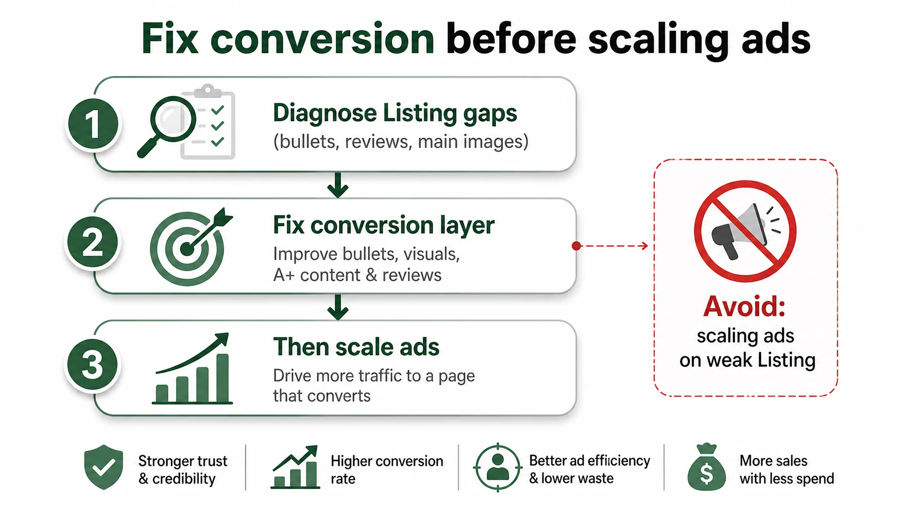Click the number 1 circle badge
[x=93, y=124]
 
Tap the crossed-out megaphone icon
[x=745, y=231]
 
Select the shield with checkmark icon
[x=104, y=467]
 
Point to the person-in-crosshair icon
[x=498, y=467]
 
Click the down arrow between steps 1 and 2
[x=338, y=185]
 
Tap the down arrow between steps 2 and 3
[x=338, y=307]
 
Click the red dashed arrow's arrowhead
[x=645, y=246]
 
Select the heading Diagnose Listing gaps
[x=395, y=114]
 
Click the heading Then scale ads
[x=356, y=347]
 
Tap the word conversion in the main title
[x=322, y=39]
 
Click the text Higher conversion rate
[x=387, y=469]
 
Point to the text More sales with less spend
[x=786, y=469]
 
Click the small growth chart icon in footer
[x=295, y=467]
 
